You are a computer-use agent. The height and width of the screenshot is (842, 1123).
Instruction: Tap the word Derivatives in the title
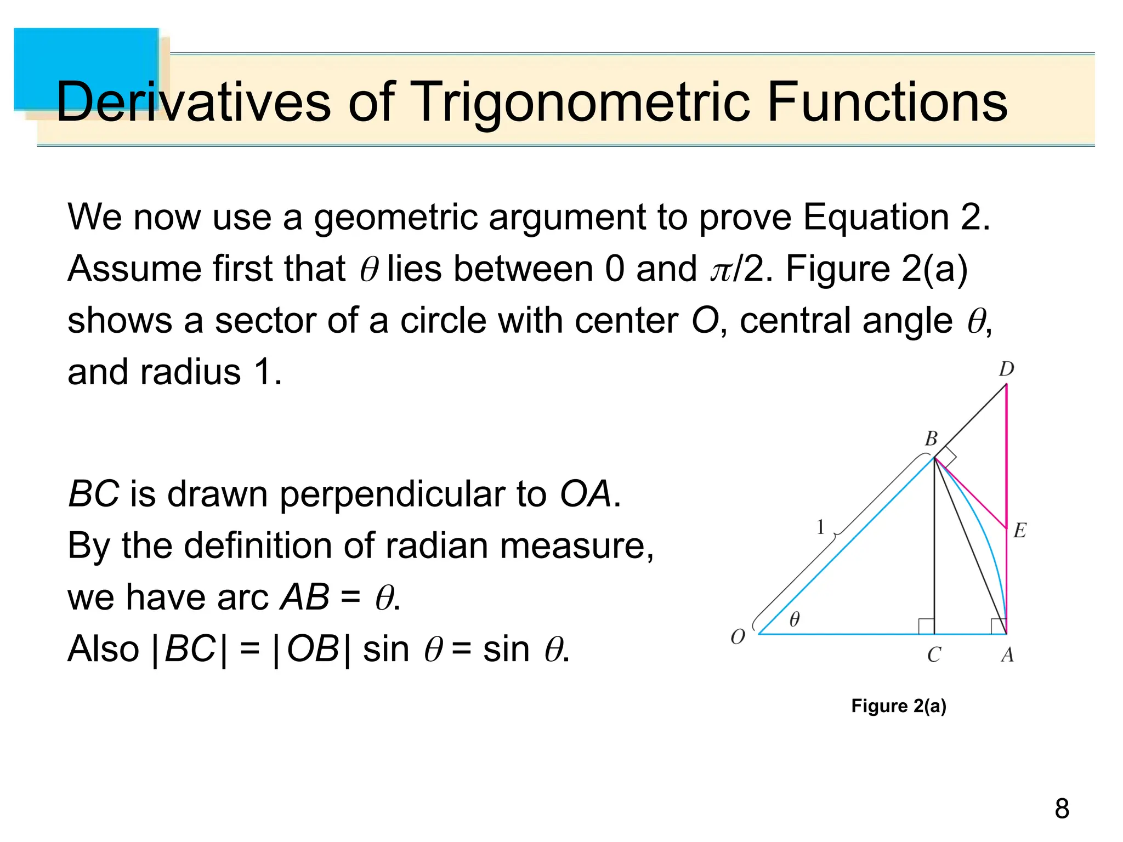[192, 103]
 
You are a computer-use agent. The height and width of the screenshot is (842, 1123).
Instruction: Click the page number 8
[1062, 809]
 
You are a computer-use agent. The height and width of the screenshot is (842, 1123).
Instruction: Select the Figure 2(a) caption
[898, 706]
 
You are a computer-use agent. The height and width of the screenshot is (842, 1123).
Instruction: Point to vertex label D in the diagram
[1006, 369]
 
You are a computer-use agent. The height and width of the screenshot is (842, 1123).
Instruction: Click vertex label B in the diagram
[931, 439]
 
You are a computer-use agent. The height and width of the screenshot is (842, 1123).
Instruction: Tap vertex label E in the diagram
[1019, 530]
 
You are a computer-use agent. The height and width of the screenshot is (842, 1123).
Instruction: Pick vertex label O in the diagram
[738, 637]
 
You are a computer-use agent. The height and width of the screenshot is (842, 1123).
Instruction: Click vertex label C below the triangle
[934, 655]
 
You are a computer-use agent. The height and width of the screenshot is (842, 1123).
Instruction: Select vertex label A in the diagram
[1007, 655]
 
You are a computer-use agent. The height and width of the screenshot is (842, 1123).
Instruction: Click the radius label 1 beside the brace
[820, 527]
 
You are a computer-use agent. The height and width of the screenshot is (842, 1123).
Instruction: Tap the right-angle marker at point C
[926, 626]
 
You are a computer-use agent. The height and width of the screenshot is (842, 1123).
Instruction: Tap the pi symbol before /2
[721, 270]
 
